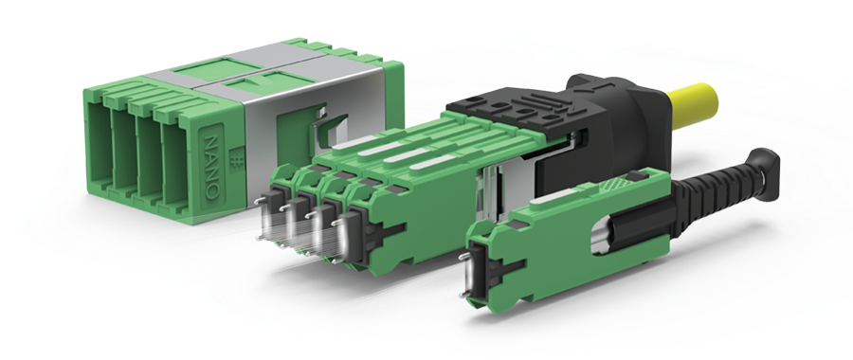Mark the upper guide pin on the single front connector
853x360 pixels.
pos(464,255)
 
